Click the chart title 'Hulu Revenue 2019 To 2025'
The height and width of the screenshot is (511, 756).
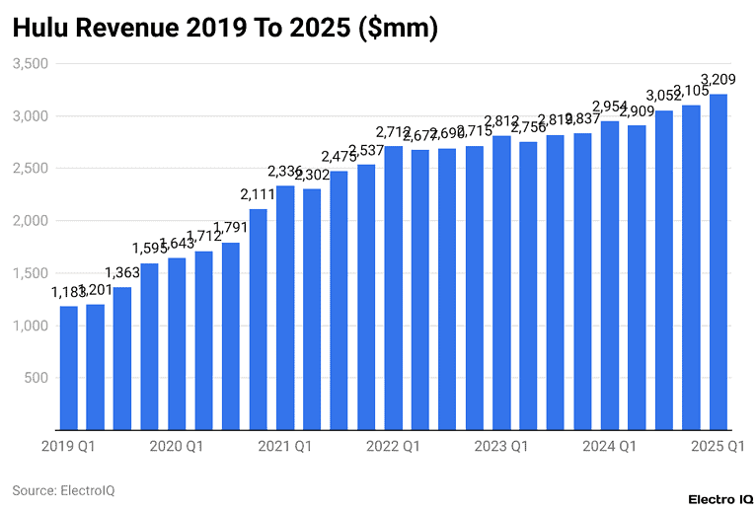[x=225, y=30]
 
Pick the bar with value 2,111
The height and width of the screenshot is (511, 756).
[x=258, y=320]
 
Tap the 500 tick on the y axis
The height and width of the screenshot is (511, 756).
[x=35, y=378]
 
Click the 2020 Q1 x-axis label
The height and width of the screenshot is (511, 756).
[x=177, y=447]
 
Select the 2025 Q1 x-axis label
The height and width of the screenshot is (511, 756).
[x=718, y=447]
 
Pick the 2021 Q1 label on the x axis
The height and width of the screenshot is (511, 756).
[x=285, y=447]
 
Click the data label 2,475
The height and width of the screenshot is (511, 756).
[x=340, y=158]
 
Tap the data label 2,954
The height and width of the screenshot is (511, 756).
[x=610, y=107]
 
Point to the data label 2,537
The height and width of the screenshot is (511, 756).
[x=366, y=151]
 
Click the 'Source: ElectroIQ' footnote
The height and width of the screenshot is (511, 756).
[x=63, y=489]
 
